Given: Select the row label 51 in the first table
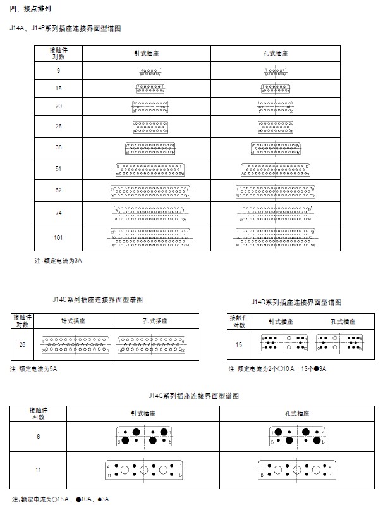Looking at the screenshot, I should pos(58,168).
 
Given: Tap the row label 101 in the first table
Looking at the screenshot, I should pos(58,237).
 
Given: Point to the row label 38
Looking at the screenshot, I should pos(58,147).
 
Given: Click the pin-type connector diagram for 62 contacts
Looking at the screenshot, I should pos(150,190).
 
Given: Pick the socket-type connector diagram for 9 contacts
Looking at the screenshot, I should pos(275,72).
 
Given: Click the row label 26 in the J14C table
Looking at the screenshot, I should pos(23,344).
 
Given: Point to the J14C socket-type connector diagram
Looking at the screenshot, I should pos(152,344).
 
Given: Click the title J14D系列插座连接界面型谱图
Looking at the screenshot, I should pos(296,302).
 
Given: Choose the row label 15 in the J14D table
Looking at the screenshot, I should pos(238,344).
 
